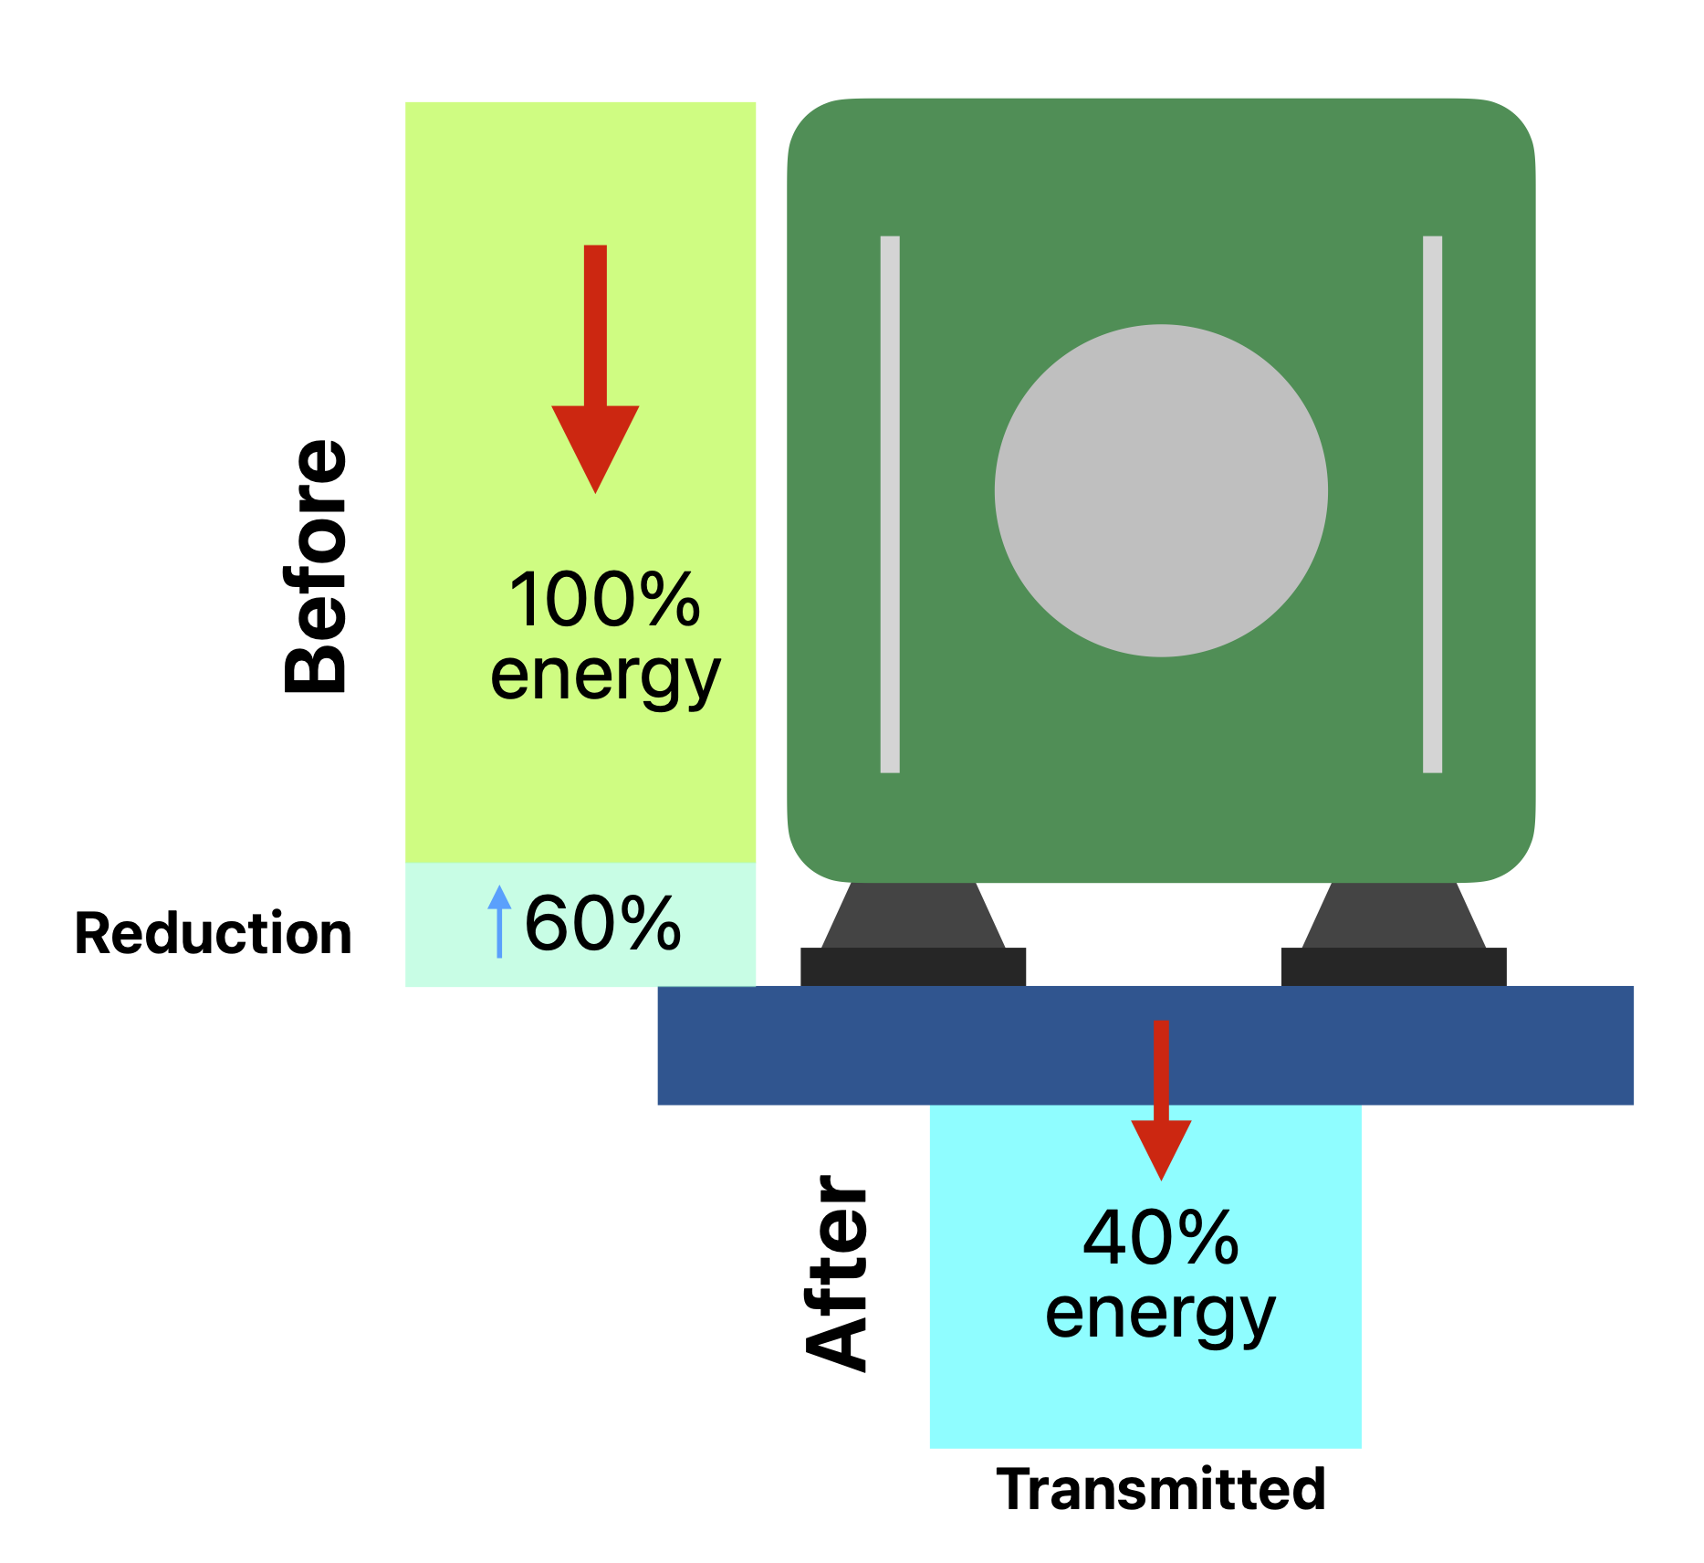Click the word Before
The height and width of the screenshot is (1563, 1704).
316,567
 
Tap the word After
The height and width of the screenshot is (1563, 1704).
838,1274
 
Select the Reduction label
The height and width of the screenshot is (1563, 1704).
214,934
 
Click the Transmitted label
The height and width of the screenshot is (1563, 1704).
1160,1490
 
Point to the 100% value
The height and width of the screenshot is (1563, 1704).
605,600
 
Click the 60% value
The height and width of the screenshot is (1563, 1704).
602,924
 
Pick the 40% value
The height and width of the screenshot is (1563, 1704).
1160,1239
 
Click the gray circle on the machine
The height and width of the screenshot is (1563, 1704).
1161,490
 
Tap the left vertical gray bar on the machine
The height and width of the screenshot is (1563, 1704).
890,504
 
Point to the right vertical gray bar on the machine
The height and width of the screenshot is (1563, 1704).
1432,504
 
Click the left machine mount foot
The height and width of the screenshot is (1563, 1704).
913,916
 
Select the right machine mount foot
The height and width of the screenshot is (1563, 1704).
1394,916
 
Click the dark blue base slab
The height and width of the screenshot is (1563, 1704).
821,1045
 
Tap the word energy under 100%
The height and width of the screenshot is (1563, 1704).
605,677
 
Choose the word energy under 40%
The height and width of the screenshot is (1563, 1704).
1160,1315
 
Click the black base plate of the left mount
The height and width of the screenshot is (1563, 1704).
913,967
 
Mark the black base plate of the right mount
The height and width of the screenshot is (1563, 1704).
1394,967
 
